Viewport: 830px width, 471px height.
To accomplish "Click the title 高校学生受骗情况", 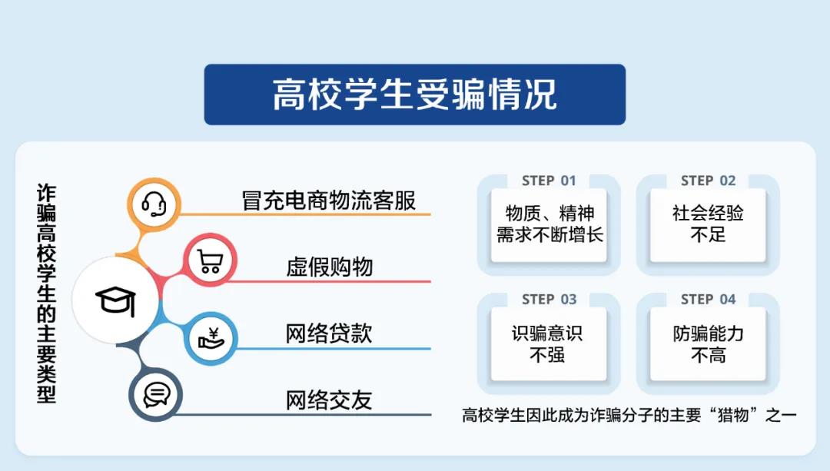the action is pos(414,95).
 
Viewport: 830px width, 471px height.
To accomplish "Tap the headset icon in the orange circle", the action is pos(154,204).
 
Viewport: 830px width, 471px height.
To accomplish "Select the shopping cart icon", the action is pos(210,261).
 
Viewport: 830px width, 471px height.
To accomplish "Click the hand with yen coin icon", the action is pos(211,339).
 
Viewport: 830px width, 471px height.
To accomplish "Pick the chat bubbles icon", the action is pos(156,395).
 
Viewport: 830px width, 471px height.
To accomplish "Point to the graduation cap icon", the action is pos(116,301).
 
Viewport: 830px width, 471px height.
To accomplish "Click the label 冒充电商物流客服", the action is pos(329,201).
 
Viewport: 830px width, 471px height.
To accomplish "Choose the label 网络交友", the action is pos(329,400).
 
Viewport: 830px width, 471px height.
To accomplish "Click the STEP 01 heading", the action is pos(549,181).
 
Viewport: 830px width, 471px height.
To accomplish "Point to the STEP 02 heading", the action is pos(709,181).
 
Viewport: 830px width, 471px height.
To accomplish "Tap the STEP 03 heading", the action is pos(549,300).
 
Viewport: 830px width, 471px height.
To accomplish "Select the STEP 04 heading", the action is pos(709,300).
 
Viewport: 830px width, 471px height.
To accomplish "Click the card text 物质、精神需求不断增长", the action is pos(549,224).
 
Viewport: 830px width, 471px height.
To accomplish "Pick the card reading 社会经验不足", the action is pos(708,224).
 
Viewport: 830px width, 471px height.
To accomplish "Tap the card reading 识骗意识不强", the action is pos(547,344).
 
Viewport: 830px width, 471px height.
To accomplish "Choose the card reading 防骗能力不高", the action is pos(709,344).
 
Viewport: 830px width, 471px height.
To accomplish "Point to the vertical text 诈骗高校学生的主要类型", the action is pos(46,294).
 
